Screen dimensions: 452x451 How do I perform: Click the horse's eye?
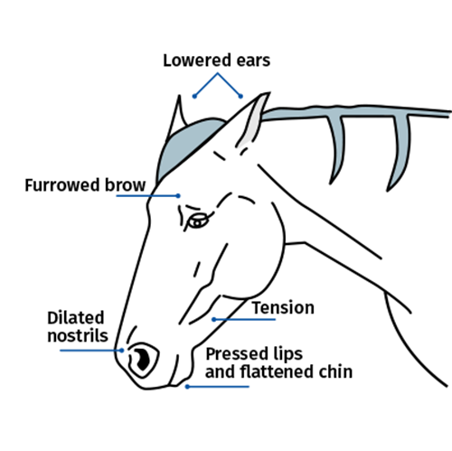click(198, 221)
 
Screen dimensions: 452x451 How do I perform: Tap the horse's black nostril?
click(142, 359)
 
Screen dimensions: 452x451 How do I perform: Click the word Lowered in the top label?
click(198, 61)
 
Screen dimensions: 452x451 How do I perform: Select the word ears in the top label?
click(253, 61)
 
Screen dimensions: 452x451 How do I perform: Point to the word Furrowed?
click(62, 184)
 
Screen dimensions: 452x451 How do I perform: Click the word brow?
click(126, 184)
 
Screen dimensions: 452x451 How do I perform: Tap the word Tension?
click(283, 307)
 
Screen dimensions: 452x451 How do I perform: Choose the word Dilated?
click(76, 317)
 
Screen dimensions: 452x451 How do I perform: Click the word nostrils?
click(78, 335)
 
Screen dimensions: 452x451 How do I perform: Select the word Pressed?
click(236, 353)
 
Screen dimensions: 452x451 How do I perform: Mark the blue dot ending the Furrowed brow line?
click(178, 196)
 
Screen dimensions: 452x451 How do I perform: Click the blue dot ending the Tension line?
click(213, 319)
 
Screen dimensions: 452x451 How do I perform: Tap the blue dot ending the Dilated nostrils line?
click(122, 351)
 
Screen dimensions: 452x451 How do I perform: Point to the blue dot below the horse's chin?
click(187, 387)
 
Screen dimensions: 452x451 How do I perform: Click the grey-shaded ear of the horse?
click(252, 120)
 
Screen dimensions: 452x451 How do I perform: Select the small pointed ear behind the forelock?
click(178, 115)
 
